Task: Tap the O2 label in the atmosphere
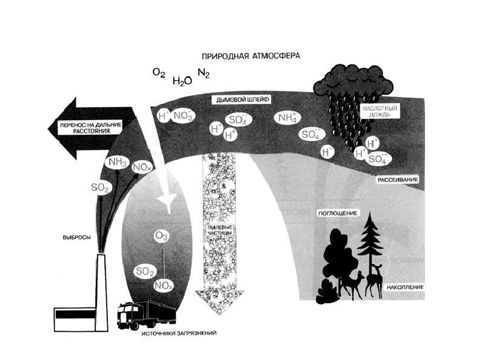click(x=159, y=73)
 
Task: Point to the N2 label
click(x=204, y=74)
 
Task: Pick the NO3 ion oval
click(x=182, y=114)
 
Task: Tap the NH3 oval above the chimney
click(x=116, y=162)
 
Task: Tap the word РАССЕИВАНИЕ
click(x=399, y=180)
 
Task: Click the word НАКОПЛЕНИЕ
click(x=404, y=286)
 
